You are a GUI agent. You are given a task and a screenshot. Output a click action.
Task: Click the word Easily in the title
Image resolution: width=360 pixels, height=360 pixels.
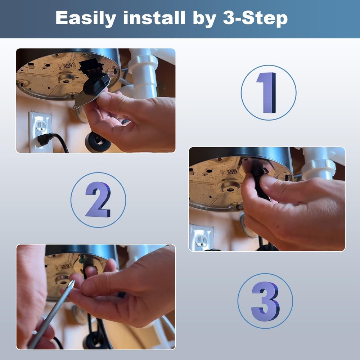click(x=86, y=18)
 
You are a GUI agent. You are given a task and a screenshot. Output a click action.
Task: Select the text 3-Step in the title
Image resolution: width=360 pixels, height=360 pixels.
click(x=255, y=18)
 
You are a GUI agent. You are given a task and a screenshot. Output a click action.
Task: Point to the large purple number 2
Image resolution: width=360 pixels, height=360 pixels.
click(x=98, y=199)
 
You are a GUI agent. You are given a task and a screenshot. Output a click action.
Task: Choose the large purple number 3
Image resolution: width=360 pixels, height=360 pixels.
click(x=265, y=301)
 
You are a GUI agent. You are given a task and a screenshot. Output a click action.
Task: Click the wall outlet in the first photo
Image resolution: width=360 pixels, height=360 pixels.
click(x=40, y=132)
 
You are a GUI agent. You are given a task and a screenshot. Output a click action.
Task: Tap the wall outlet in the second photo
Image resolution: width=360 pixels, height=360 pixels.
click(x=201, y=238)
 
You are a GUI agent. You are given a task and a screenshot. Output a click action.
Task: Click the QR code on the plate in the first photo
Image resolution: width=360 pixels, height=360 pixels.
click(x=68, y=66)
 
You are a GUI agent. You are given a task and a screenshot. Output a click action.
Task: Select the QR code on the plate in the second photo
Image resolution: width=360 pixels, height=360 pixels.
click(x=232, y=171)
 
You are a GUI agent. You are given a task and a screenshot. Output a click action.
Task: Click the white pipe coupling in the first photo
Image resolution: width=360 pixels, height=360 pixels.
click(x=143, y=62)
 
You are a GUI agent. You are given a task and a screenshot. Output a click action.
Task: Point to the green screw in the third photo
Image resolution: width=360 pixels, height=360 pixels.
click(x=81, y=260)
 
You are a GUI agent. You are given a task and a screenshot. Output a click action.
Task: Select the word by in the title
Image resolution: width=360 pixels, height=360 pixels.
click(x=204, y=19)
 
